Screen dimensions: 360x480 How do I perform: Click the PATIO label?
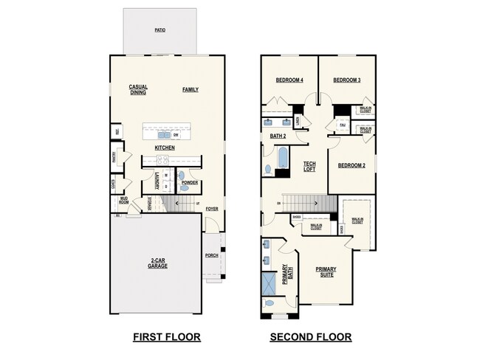(x=160, y=30)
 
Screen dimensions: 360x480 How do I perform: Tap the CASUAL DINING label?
(x=138, y=89)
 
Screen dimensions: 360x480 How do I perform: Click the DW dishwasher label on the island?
(x=176, y=135)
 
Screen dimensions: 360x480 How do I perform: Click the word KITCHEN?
(x=164, y=148)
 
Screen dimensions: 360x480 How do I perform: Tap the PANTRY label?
(x=114, y=156)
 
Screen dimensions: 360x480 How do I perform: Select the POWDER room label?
(x=189, y=182)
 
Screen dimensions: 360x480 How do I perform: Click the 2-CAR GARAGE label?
(x=157, y=263)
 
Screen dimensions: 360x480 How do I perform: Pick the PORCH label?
(x=213, y=256)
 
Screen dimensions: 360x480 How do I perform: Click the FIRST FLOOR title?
(x=166, y=337)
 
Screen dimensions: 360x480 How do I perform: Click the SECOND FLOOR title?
(x=310, y=337)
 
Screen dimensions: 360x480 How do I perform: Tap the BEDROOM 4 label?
(x=289, y=80)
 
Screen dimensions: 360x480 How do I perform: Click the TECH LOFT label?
(x=309, y=167)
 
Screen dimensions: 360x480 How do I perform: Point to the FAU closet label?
(x=343, y=125)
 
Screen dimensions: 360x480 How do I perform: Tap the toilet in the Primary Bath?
(x=270, y=302)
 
